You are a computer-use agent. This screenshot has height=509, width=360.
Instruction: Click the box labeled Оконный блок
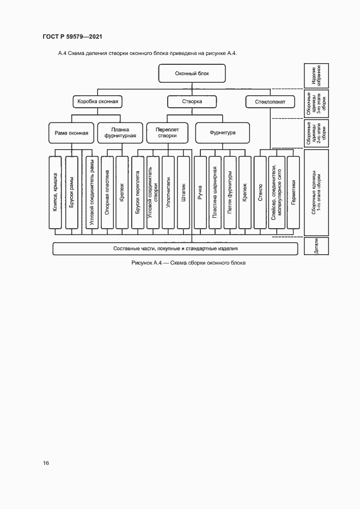point(192,73)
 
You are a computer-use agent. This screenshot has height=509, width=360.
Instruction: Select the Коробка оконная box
point(96,101)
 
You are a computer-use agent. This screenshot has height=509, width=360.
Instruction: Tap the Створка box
point(192,101)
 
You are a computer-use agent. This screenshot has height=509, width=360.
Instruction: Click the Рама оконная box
point(71,132)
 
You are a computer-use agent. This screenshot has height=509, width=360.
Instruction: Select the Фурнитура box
point(222,132)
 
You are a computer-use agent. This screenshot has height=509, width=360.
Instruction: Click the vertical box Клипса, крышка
point(55,192)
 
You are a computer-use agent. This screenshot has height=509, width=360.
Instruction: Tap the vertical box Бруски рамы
point(71,192)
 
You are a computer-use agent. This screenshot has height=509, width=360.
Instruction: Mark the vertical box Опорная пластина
point(107,192)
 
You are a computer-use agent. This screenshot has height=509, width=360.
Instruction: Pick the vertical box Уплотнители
point(168,192)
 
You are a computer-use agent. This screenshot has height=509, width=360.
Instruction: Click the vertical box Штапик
point(184,192)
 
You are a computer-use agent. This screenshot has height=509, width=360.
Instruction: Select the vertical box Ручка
point(200,192)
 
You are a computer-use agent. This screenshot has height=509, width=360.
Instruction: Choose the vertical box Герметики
point(293,192)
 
